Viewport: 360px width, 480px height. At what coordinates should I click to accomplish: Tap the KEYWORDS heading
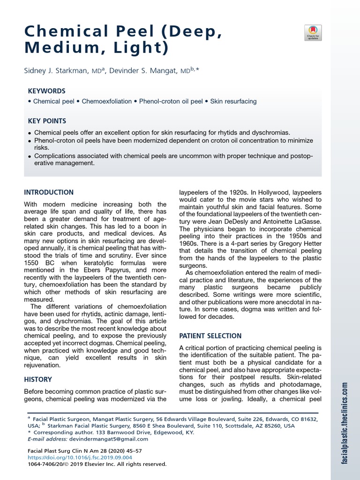click(47, 91)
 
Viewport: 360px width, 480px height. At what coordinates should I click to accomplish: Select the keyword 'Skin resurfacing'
click(233, 101)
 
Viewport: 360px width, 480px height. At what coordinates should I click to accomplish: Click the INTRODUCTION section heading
click(49, 192)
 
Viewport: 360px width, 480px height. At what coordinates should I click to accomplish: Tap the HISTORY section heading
click(38, 379)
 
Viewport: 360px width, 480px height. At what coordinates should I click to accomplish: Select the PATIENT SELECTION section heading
click(211, 336)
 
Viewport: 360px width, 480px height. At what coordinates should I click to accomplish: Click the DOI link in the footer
click(80, 457)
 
